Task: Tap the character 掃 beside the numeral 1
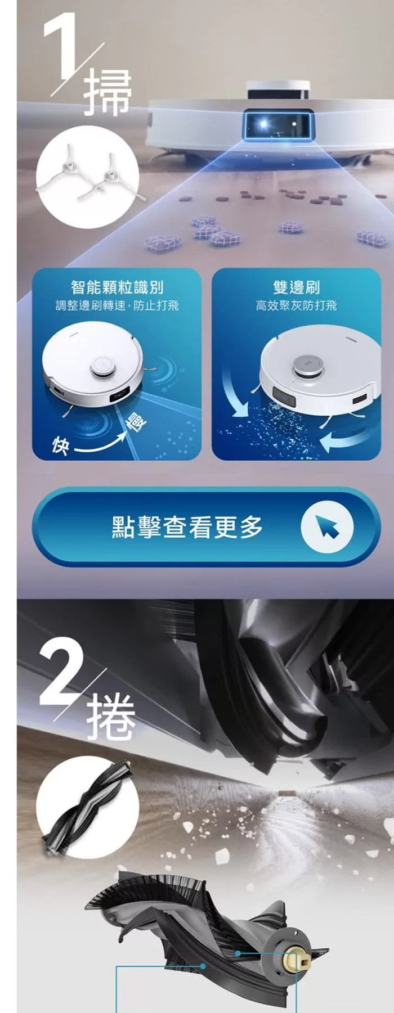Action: point(108,93)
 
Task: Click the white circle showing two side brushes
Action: point(87,177)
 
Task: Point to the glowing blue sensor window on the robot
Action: point(277,123)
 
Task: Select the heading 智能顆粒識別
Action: point(117,287)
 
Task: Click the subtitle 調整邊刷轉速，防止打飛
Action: point(117,305)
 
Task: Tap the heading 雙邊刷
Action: point(296,287)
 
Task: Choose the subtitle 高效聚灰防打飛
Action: point(296,305)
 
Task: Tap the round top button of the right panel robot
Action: point(307,365)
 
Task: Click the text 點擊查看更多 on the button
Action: point(187,526)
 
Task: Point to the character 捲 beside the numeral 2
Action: point(112,717)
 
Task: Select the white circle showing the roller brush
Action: point(87,807)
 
